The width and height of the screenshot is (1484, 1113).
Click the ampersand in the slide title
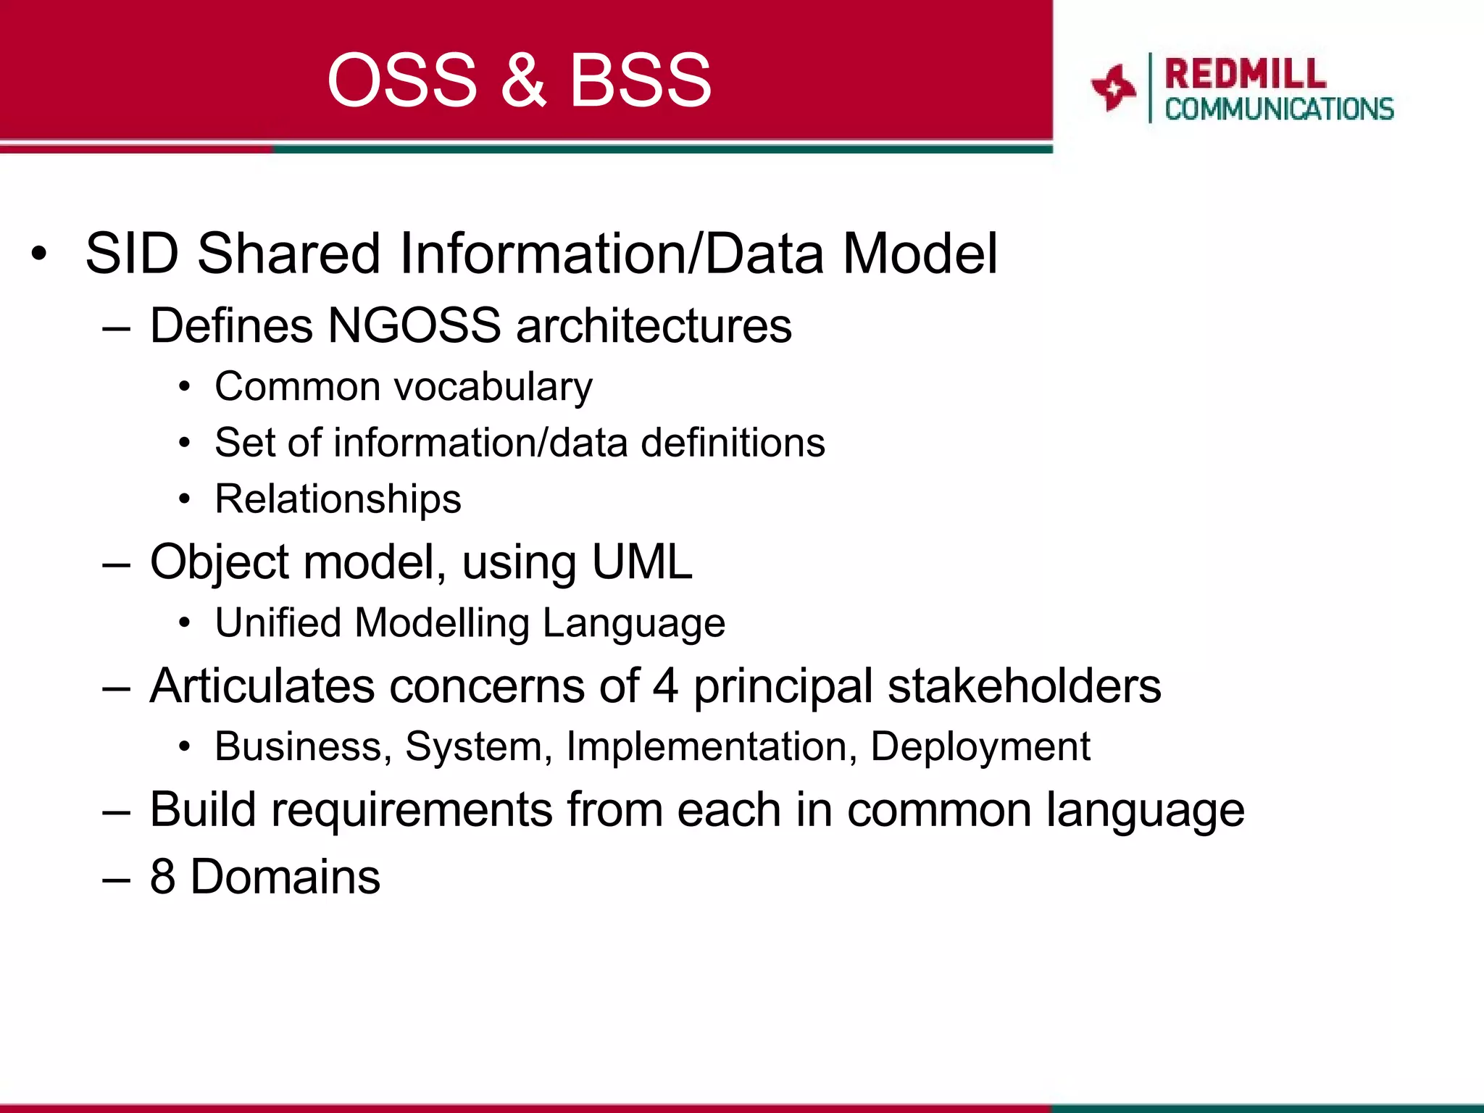[522, 80]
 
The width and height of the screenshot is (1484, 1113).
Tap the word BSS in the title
[640, 80]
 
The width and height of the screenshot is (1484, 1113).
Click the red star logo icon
[1113, 88]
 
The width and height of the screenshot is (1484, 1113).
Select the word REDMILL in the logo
[1245, 74]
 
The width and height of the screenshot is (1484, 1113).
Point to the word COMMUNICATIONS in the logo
[1279, 109]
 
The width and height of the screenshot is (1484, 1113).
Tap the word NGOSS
[414, 325]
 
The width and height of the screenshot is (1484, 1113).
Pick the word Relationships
[338, 499]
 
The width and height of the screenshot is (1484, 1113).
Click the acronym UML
[641, 562]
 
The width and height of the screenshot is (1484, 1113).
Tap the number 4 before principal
[665, 685]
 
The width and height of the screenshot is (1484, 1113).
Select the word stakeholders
[1024, 685]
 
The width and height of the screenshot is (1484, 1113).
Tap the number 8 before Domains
[163, 877]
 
